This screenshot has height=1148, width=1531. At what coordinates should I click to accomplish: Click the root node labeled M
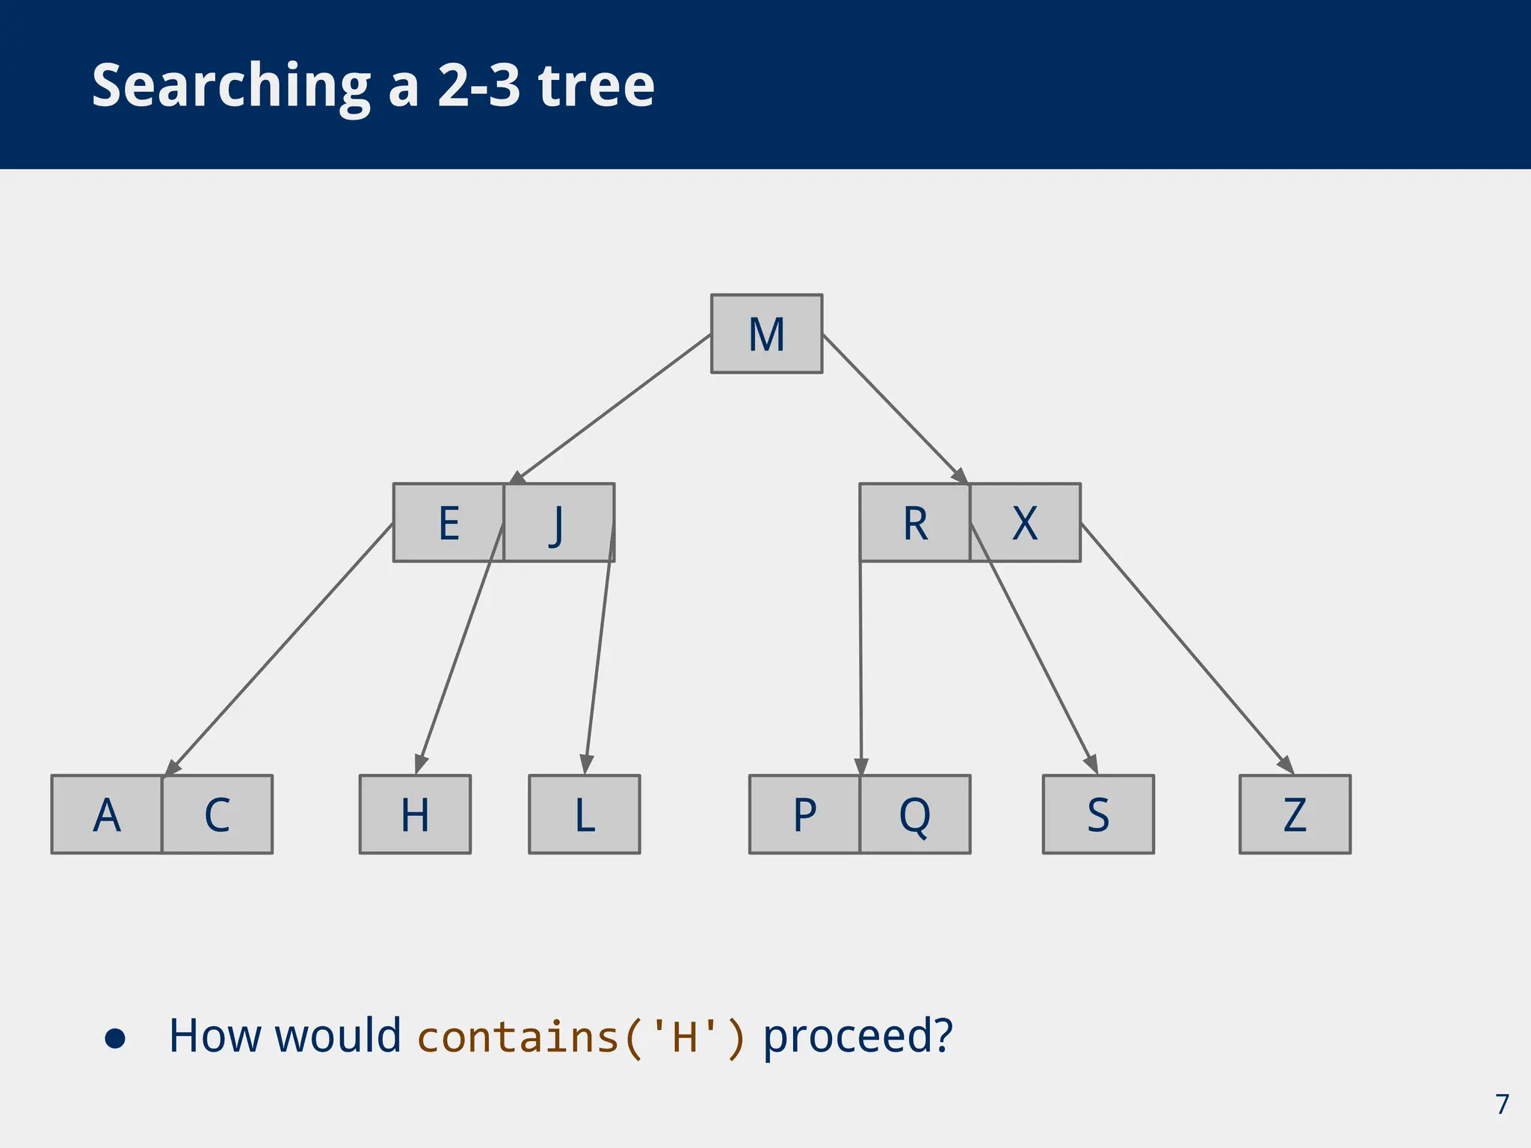pos(766,333)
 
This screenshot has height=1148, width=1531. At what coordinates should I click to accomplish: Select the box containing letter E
pos(449,522)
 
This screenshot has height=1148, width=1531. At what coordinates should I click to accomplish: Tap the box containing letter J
pos(558,522)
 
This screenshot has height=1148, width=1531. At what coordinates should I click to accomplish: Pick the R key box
pos(915,522)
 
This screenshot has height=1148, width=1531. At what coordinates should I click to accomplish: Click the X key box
pos(1025,522)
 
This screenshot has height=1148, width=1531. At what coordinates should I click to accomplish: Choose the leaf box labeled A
pos(107,814)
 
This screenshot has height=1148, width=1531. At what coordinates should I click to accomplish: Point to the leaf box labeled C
pos(217,814)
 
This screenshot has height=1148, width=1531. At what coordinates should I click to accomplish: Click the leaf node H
pos(415,814)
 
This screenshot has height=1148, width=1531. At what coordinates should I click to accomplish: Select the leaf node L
pos(585,814)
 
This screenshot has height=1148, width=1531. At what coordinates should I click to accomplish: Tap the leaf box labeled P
pos(804,814)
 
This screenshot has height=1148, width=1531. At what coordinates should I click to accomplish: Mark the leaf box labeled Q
pos(915,814)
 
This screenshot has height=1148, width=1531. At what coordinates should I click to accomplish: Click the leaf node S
pos(1098,814)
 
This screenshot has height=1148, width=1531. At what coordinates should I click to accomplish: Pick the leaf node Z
pos(1295,814)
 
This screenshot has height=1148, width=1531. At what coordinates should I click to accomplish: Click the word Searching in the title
pos(231,86)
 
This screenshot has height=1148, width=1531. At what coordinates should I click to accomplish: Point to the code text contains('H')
pos(581,1037)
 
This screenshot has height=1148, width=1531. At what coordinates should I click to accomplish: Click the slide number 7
pos(1502,1104)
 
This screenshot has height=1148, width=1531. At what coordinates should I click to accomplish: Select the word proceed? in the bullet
pos(857,1037)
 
